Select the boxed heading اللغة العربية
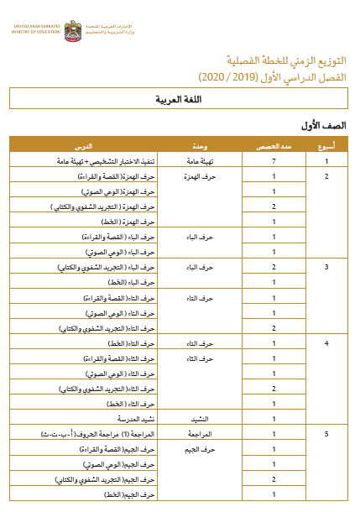pyautogui.click(x=179, y=100)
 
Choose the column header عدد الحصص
pyautogui.click(x=274, y=147)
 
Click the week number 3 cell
pyautogui.click(x=327, y=267)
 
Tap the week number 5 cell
pyautogui.click(x=327, y=434)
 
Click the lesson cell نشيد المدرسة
pyautogui.click(x=134, y=418)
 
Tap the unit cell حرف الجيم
pyautogui.click(x=201, y=449)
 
